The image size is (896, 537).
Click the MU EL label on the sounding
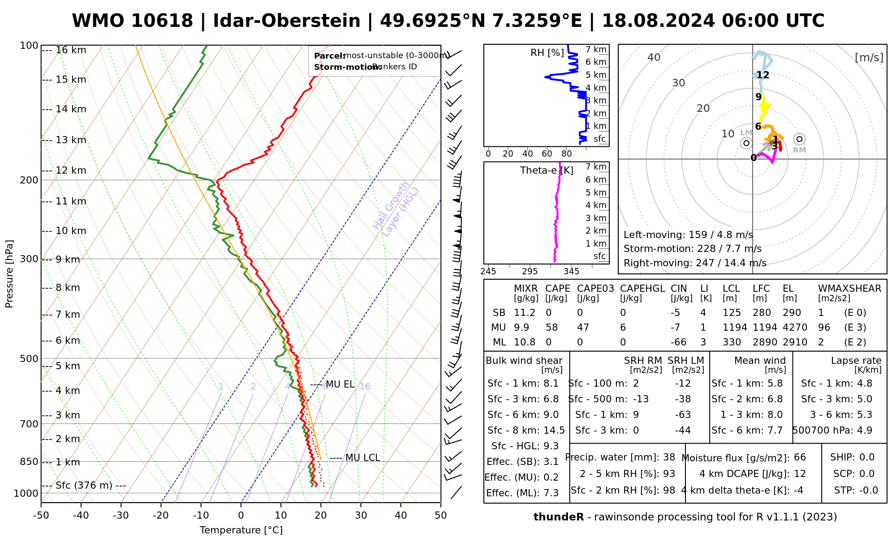pyautogui.click(x=340, y=384)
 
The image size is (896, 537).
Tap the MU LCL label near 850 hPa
pyautogui.click(x=362, y=458)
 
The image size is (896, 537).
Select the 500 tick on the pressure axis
pyautogui.click(x=30, y=358)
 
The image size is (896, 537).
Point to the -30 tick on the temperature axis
pyautogui.click(x=121, y=516)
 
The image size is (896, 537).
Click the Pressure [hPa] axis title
pyautogui.click(x=9, y=274)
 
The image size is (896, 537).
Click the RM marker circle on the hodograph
pyautogui.click(x=799, y=139)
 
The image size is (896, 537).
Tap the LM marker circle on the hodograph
pyautogui.click(x=746, y=143)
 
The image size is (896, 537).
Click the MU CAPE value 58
pyautogui.click(x=551, y=328)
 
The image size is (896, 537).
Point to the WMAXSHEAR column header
pyautogui.click(x=849, y=289)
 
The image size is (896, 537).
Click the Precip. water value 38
pyautogui.click(x=669, y=457)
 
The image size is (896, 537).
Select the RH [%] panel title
pyautogui.click(x=547, y=53)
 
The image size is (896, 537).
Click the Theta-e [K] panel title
pyautogui.click(x=547, y=170)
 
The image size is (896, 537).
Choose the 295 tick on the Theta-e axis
pyautogui.click(x=530, y=272)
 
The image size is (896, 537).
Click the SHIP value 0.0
pyautogui.click(x=866, y=457)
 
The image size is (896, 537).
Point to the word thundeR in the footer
pyautogui.click(x=558, y=517)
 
